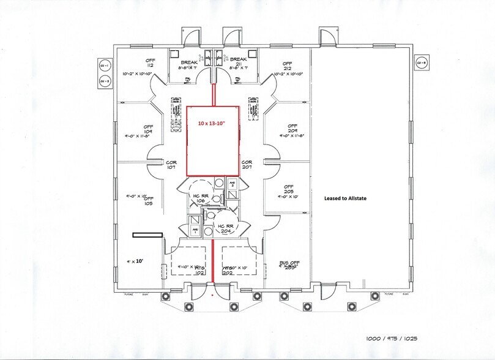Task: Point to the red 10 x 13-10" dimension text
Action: (x=212, y=123)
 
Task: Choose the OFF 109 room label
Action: (x=148, y=129)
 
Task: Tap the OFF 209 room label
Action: (x=291, y=129)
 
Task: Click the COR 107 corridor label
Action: (x=172, y=165)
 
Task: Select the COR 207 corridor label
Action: (x=247, y=165)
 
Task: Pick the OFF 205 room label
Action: (x=289, y=190)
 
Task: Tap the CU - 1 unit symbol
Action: (x=103, y=65)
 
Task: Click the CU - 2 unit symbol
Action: (x=103, y=81)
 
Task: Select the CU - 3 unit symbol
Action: (x=420, y=62)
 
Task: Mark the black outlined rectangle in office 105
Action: (x=147, y=234)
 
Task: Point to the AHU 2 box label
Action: (x=232, y=184)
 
